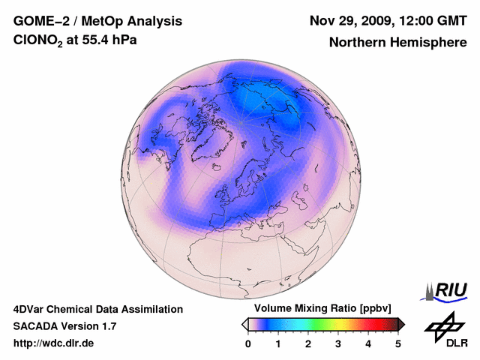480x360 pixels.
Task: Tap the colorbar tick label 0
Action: click(x=248, y=343)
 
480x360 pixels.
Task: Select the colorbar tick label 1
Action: click(x=278, y=343)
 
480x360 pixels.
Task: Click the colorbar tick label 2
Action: click(x=308, y=343)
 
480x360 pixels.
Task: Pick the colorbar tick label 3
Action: click(x=338, y=343)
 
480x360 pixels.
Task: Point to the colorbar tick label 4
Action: click(x=368, y=343)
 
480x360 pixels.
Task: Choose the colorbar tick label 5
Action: click(x=398, y=343)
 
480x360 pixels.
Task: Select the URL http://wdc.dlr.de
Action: click(x=54, y=343)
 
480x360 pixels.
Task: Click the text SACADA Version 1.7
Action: click(x=64, y=326)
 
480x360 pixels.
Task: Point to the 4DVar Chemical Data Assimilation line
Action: click(x=97, y=309)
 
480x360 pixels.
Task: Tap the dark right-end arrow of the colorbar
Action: click(x=401, y=324)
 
